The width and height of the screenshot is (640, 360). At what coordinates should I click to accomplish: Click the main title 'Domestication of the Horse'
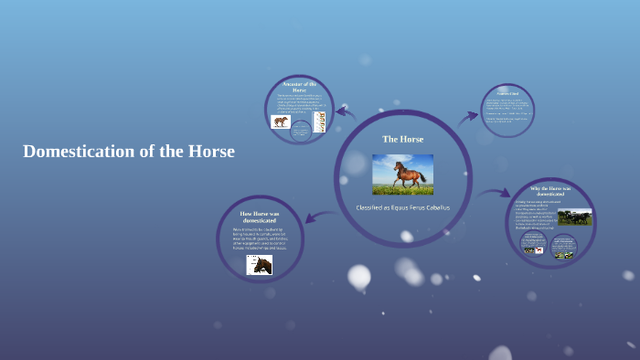129,152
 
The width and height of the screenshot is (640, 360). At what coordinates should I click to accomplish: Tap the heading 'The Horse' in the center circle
402,139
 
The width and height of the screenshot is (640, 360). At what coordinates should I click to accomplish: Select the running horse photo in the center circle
402,174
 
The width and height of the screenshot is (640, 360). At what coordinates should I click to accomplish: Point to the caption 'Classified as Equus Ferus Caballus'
402,207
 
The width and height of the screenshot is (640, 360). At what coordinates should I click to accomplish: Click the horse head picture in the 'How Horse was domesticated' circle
259,264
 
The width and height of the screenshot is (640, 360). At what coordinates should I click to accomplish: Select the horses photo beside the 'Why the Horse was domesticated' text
574,217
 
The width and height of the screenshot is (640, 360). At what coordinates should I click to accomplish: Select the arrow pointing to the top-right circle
468,116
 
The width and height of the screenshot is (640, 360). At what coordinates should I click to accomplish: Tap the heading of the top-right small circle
507,93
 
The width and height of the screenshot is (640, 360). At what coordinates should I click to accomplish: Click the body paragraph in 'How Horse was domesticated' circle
259,239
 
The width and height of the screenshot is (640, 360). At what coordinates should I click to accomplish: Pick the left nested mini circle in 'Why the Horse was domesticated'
534,244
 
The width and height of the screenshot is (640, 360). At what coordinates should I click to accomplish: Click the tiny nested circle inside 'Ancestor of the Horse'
301,131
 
